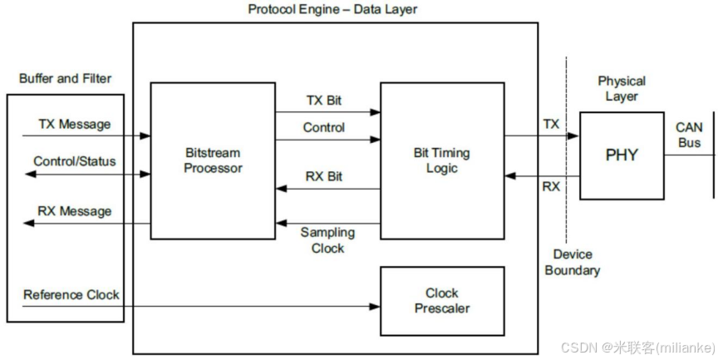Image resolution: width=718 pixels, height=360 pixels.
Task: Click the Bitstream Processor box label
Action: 214,161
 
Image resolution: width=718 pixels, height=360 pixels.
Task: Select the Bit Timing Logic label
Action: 441,160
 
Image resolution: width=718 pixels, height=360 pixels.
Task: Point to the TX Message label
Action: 74,125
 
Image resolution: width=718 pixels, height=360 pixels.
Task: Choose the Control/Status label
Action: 74,160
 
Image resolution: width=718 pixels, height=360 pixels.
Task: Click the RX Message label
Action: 74,211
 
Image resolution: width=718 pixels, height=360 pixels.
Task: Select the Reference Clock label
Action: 71,294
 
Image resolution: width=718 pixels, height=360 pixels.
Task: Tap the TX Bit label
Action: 323,101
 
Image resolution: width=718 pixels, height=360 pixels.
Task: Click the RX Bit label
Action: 324,176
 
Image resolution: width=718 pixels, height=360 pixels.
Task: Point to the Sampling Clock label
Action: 327,240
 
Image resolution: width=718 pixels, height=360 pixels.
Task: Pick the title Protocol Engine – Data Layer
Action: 332,9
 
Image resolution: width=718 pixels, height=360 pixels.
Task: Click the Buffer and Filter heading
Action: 65,79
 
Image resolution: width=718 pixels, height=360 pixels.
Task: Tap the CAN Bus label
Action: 688,135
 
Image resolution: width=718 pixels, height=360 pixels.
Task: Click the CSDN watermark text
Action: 637,346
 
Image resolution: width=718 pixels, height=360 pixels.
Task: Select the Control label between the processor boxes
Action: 324,128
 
